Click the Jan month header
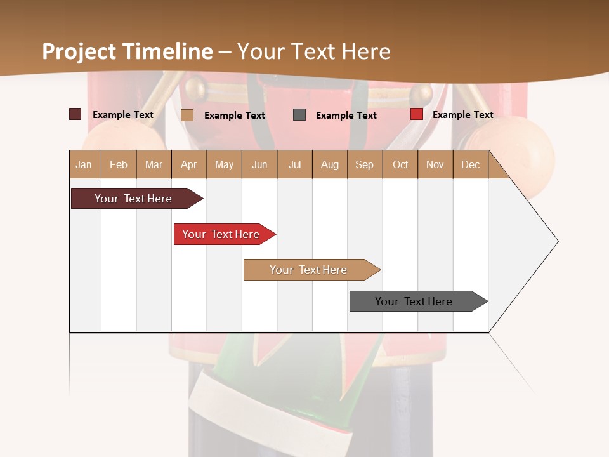click(x=84, y=164)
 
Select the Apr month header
click(x=189, y=164)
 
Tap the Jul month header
click(x=294, y=164)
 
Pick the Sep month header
click(x=364, y=164)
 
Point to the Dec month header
click(x=470, y=164)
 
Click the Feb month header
click(x=119, y=164)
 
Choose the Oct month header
click(x=400, y=164)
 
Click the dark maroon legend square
click(x=75, y=114)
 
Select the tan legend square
click(x=187, y=115)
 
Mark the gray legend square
click(x=299, y=114)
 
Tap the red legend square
click(x=416, y=114)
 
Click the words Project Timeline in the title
click(x=128, y=51)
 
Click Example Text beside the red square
click(x=462, y=115)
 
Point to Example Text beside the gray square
click(x=346, y=116)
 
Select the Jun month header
click(x=259, y=164)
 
